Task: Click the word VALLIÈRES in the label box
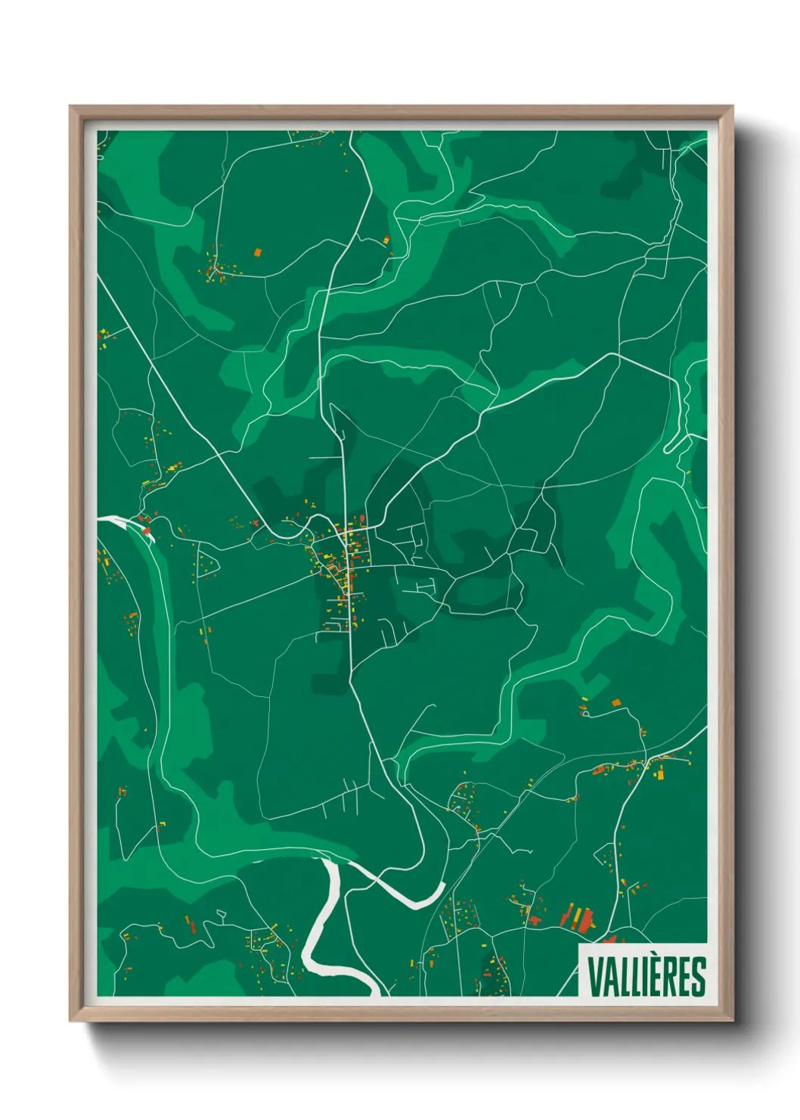pyautogui.click(x=646, y=976)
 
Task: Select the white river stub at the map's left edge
pyautogui.click(x=113, y=520)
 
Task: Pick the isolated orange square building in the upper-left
pyautogui.click(x=257, y=251)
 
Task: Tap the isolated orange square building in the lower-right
pyautogui.click(x=615, y=702)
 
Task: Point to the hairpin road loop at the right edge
pyautogui.click(x=671, y=446)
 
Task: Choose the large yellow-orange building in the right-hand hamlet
pyautogui.click(x=659, y=772)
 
